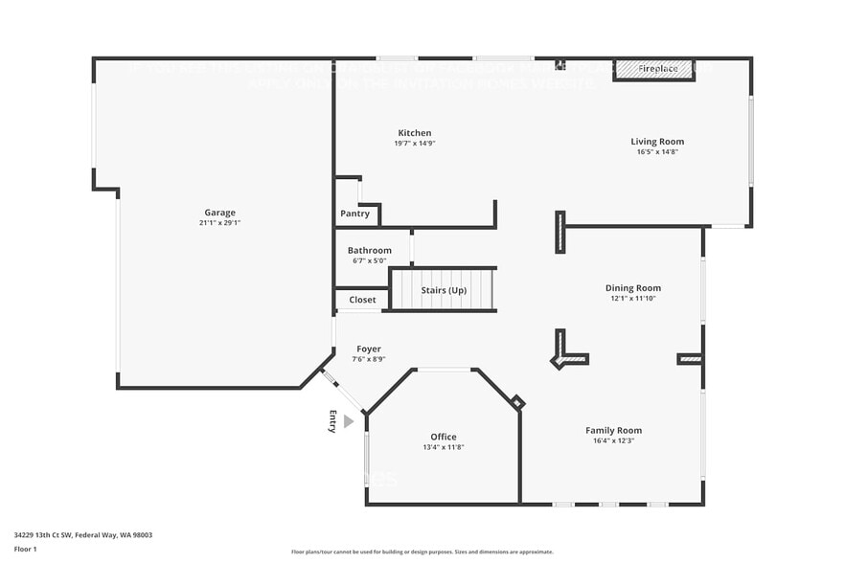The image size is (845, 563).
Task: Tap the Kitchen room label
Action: point(415,133)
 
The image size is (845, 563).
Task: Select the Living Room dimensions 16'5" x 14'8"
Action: point(657,152)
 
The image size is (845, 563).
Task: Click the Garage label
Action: point(219,213)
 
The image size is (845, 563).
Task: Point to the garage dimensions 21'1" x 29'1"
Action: point(219,223)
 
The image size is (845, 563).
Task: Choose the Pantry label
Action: point(354,214)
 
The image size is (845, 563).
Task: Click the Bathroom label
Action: point(369,250)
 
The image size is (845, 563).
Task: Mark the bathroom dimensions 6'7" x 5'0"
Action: point(369,260)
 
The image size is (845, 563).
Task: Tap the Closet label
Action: point(362,300)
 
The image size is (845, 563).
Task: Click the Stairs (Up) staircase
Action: point(444,289)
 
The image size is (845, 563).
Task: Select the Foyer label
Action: point(369,349)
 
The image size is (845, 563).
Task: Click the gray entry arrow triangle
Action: point(349,421)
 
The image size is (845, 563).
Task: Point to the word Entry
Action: point(333,421)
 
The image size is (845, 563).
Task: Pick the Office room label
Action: point(443,437)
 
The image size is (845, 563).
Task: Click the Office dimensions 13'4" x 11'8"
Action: point(443,447)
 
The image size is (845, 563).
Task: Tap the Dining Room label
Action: point(632,287)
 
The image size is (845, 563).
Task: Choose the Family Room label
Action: point(613,430)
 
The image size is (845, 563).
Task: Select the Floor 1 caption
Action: point(26,549)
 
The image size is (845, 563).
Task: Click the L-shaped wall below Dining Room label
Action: point(566,352)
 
